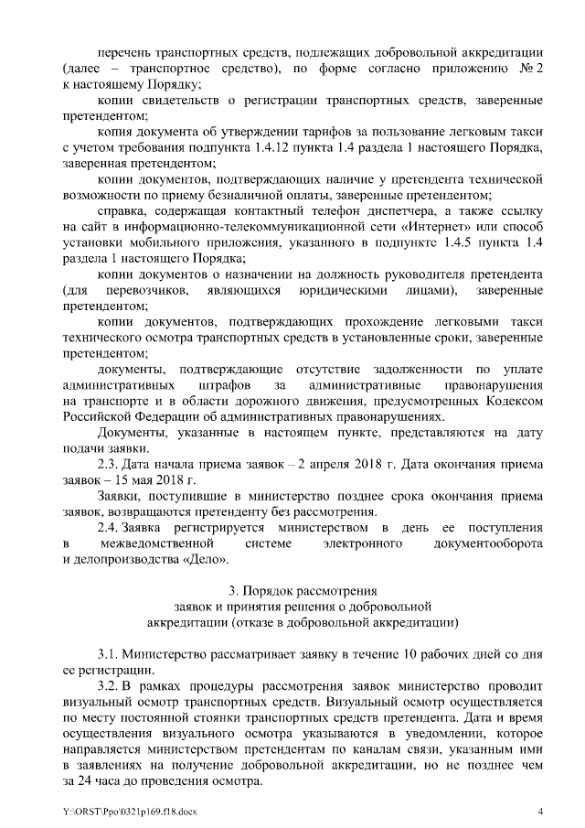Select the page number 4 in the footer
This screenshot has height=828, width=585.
(539, 812)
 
